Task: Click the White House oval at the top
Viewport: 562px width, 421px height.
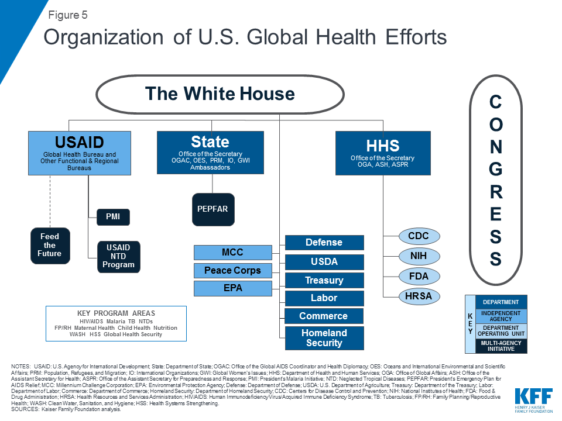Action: pos(220,94)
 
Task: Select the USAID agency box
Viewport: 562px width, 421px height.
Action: pos(80,153)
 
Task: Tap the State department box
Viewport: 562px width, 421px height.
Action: pos(210,152)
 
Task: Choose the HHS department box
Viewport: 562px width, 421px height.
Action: pos(383,153)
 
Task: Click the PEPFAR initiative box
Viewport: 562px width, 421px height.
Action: pos(213,209)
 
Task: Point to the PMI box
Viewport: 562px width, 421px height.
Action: pos(113,218)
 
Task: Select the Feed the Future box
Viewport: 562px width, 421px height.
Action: pos(50,246)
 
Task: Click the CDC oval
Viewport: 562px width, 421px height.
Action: pos(419,237)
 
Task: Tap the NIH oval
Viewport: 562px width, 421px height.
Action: pos(419,256)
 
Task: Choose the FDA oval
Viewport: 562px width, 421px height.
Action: pos(419,276)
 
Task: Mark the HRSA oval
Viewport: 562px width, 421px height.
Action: pos(419,296)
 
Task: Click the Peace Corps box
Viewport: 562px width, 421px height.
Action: pos(232,271)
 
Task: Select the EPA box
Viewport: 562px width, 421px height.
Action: pos(232,288)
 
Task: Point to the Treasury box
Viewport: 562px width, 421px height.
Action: pos(324,280)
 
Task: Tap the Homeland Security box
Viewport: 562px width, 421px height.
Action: pos(324,338)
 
